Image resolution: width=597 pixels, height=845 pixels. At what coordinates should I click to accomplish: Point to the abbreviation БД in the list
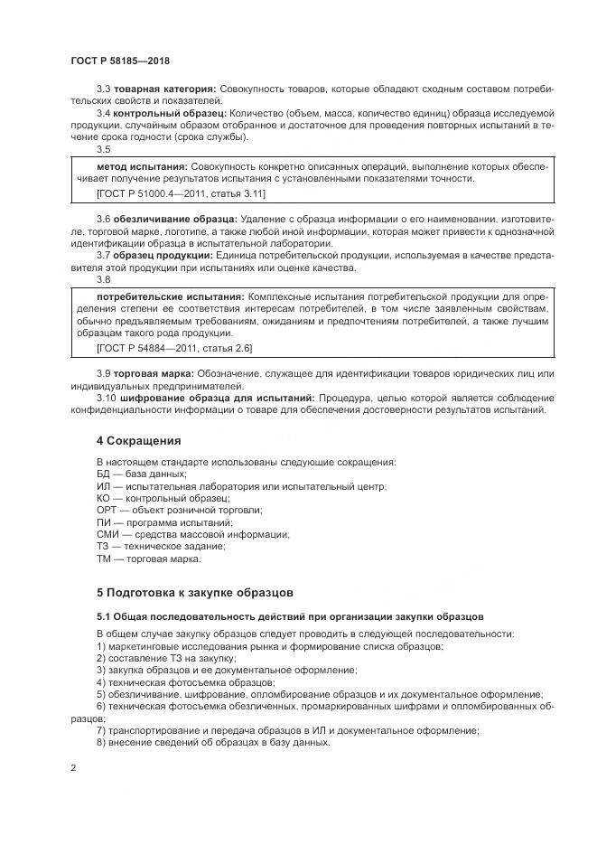point(102,474)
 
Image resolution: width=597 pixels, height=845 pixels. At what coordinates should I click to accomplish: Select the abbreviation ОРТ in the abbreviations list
point(106,510)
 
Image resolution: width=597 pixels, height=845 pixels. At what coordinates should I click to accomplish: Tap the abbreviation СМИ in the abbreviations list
point(107,534)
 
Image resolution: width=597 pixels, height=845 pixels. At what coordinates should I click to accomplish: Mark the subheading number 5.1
point(104,616)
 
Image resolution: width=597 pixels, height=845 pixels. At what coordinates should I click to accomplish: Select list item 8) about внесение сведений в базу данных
point(213,742)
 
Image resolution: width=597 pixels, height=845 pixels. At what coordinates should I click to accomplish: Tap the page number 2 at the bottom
point(73,768)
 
